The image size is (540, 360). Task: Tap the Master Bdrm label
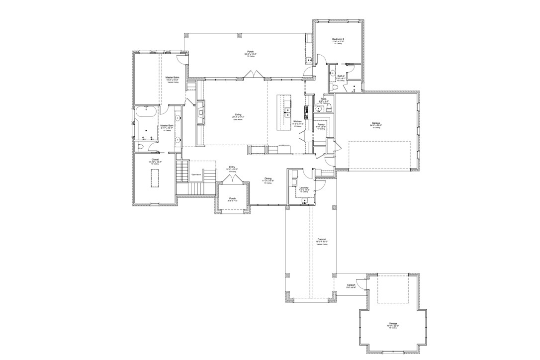pyautogui.click(x=173, y=78)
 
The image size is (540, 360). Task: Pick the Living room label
pyautogui.click(x=238, y=115)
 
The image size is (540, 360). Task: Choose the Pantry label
pyautogui.click(x=321, y=124)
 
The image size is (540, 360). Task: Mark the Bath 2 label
pyautogui.click(x=341, y=76)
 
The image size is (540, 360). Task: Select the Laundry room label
pyautogui.click(x=304, y=188)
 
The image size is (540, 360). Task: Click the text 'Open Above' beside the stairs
pyautogui.click(x=196, y=175)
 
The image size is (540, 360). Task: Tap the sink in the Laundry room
pyautogui.click(x=304, y=200)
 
